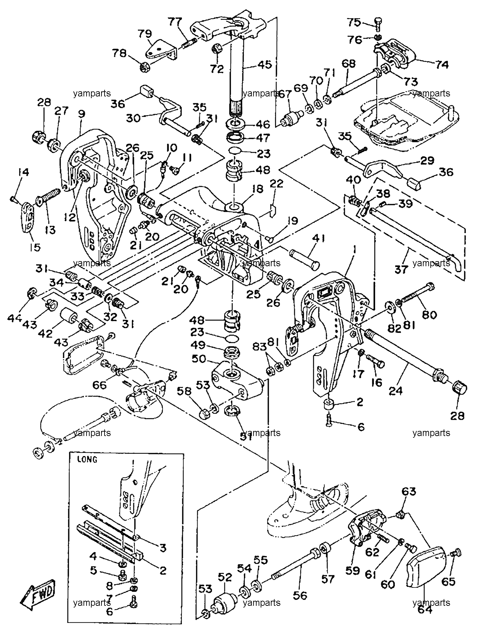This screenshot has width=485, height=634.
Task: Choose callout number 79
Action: click(x=145, y=34)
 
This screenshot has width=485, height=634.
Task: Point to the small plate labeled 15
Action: click(x=29, y=217)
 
